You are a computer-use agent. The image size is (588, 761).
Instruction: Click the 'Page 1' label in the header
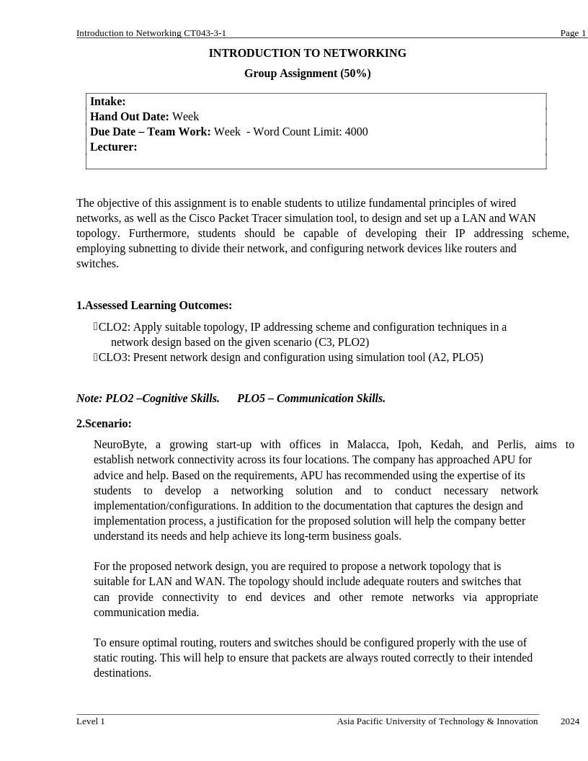tap(573, 33)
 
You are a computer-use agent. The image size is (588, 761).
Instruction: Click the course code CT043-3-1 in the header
tap(205, 33)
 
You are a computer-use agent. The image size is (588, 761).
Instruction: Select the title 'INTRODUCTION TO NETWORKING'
tap(307, 53)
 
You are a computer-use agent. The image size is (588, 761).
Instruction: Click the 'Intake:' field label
tap(107, 102)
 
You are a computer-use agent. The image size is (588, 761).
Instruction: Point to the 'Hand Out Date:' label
tap(129, 117)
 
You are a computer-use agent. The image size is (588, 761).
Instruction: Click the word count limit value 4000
tap(356, 132)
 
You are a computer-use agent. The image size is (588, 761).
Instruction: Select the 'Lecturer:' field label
tap(113, 147)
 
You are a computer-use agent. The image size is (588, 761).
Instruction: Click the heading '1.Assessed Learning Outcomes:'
tap(154, 306)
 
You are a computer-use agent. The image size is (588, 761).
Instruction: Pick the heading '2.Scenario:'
tap(104, 424)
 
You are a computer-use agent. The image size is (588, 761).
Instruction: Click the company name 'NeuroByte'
tap(120, 445)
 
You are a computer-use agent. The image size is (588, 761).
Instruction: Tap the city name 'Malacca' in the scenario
tap(367, 445)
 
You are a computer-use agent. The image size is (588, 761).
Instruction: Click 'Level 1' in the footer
tap(91, 721)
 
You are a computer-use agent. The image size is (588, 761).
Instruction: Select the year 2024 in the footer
tap(569, 721)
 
